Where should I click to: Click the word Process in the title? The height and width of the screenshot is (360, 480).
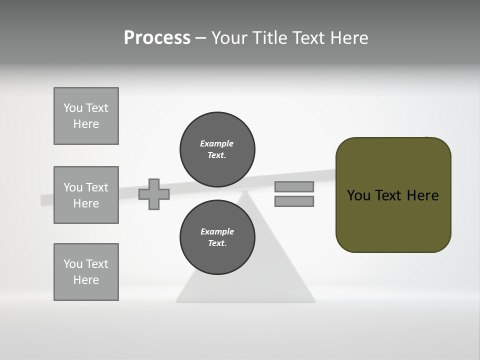(157, 38)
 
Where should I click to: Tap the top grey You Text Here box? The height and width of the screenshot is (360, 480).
(86, 116)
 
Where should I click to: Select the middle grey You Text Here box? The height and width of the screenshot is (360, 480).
(86, 195)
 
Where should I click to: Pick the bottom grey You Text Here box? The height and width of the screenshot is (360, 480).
(86, 272)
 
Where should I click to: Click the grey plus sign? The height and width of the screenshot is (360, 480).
(154, 194)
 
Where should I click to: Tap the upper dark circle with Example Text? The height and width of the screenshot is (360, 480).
(217, 149)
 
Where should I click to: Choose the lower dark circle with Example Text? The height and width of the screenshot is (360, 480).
(217, 237)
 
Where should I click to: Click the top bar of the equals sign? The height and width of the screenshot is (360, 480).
(294, 186)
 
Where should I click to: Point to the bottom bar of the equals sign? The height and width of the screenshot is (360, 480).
(294, 201)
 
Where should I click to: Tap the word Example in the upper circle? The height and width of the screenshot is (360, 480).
(216, 143)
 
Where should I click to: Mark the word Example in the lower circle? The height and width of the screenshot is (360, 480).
(217, 231)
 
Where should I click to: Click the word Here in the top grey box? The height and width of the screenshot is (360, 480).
(86, 124)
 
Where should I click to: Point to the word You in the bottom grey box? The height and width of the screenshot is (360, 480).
(73, 264)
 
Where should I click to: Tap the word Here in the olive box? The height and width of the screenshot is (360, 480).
(422, 195)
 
